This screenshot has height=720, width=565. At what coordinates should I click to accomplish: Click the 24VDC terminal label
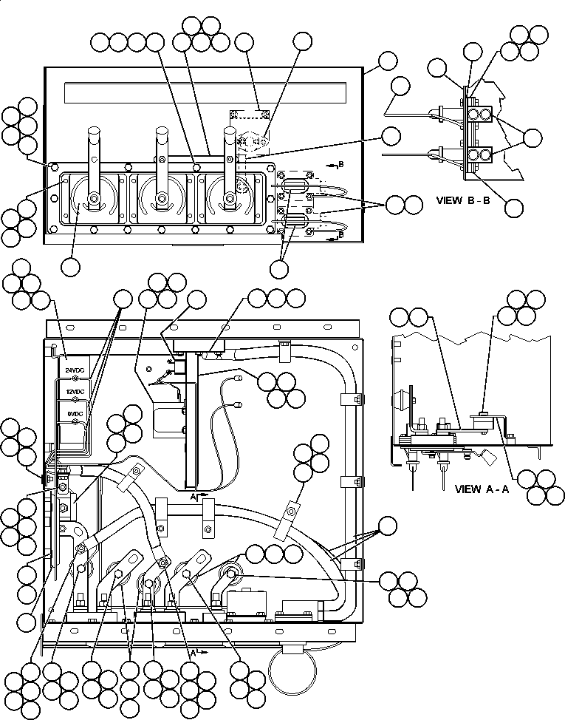(74, 369)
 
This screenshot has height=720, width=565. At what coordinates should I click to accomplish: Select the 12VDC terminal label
(74, 391)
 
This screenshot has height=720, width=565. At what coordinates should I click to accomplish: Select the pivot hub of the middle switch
(160, 199)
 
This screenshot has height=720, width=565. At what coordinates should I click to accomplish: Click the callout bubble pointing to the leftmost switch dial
(71, 266)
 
